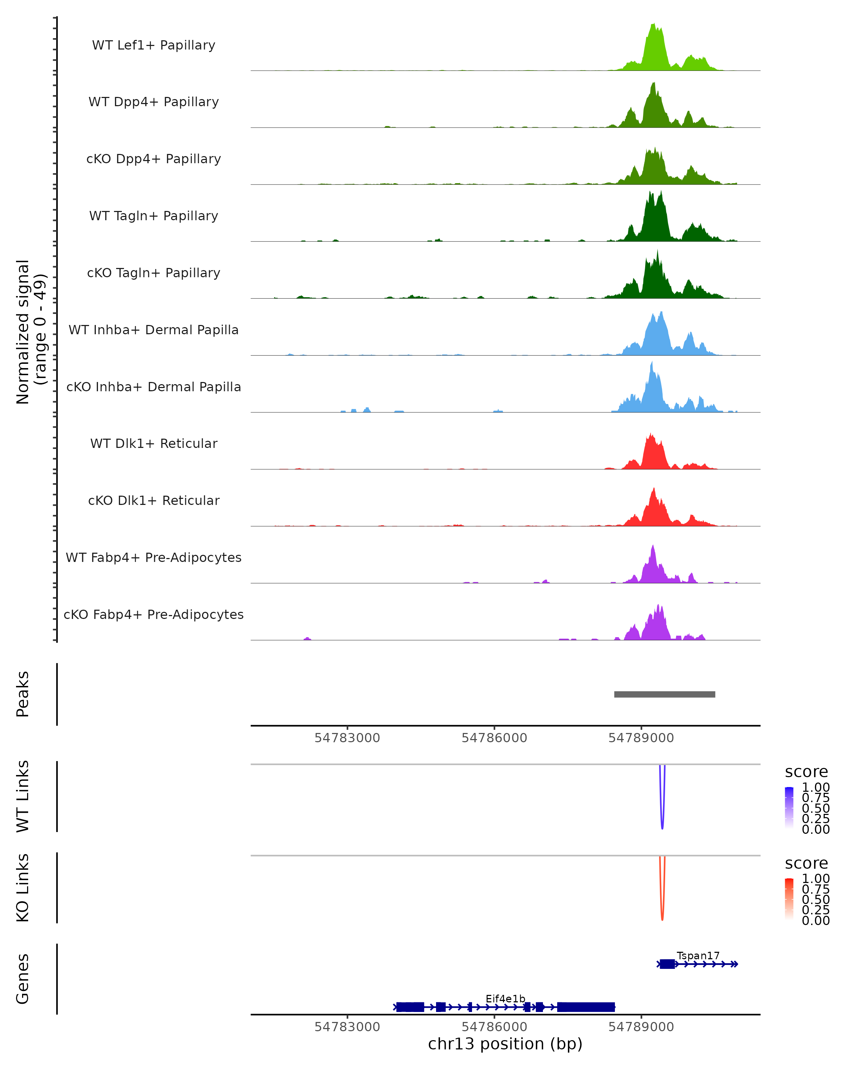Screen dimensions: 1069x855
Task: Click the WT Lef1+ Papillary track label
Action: pyautogui.click(x=154, y=45)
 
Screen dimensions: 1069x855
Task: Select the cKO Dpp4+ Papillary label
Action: pyautogui.click(x=154, y=159)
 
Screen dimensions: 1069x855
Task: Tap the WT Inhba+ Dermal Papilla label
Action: pyautogui.click(x=154, y=330)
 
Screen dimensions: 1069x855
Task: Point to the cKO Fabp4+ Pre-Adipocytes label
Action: pyautogui.click(x=154, y=615)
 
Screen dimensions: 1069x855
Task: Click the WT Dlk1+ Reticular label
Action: pyautogui.click(x=154, y=444)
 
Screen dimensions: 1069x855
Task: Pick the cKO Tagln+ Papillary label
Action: pyautogui.click(x=154, y=273)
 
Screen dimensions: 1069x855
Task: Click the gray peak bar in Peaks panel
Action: pyautogui.click(x=664, y=694)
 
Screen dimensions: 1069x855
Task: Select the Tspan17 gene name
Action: pyautogui.click(x=698, y=956)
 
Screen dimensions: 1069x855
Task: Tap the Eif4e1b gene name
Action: pyautogui.click(x=505, y=998)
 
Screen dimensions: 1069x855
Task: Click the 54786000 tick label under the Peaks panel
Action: pyautogui.click(x=494, y=738)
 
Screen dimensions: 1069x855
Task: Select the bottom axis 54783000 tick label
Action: pyautogui.click(x=347, y=1027)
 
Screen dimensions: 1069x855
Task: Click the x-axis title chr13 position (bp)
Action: pyautogui.click(x=505, y=1044)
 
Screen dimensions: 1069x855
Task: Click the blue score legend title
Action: pyautogui.click(x=807, y=772)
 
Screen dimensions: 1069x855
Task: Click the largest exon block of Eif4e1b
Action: pyautogui.click(x=586, y=1007)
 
